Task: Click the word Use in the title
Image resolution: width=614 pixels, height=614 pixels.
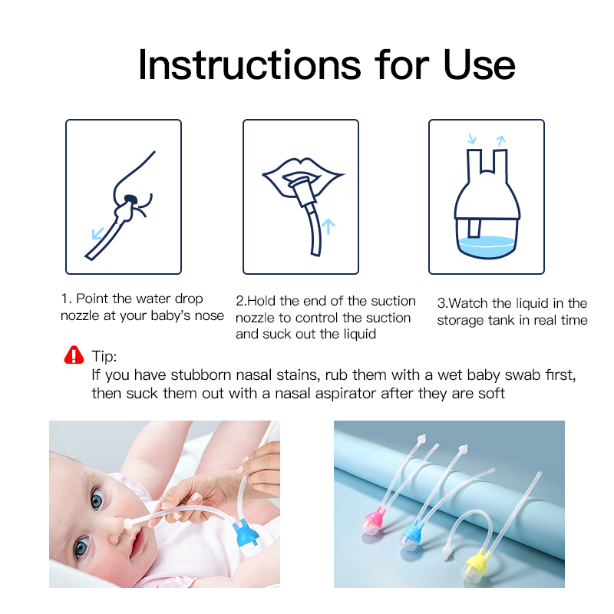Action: (480, 64)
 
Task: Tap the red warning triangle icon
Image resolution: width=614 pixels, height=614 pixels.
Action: (74, 355)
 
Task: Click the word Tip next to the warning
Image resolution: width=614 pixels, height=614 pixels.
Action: (104, 357)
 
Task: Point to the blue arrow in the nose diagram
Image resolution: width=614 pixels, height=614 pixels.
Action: (97, 233)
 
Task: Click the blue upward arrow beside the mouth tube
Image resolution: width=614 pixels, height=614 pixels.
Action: (328, 226)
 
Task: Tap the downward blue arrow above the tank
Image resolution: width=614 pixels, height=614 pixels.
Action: (472, 140)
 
